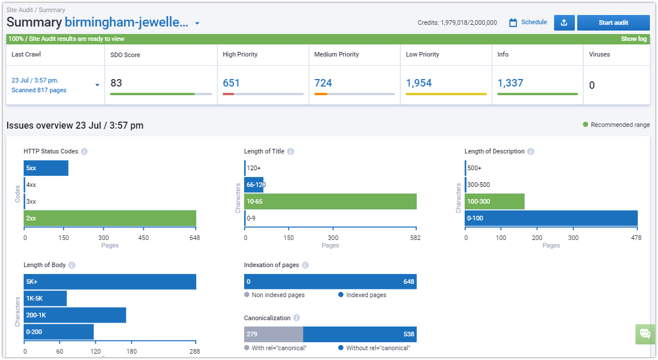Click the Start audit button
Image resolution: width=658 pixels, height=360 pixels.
613,22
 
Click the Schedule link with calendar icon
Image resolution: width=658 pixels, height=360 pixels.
528,22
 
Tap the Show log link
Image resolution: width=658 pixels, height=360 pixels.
634,39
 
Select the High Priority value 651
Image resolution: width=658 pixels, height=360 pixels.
231,83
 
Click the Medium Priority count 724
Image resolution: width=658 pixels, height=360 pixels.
323,83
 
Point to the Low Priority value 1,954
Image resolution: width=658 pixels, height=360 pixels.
419,83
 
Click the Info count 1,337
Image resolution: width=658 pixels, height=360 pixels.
510,83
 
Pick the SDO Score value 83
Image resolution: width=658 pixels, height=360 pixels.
116,83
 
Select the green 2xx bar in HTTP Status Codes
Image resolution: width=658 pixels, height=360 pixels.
110,218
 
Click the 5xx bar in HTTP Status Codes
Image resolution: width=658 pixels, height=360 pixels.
46,168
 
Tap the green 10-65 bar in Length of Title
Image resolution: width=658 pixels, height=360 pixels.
331,201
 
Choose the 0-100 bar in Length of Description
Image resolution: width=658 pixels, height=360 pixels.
551,218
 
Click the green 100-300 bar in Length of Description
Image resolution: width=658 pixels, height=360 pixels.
495,201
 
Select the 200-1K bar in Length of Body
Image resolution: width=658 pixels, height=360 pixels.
75,315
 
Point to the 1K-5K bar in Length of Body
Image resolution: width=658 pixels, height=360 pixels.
46,298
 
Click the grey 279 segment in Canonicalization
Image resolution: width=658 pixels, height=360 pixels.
274,335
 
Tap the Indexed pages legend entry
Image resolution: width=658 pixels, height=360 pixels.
362,295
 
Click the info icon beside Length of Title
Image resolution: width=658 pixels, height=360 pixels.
290,152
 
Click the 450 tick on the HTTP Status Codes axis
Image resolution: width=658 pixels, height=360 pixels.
144,238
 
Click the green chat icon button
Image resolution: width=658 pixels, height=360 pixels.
645,334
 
